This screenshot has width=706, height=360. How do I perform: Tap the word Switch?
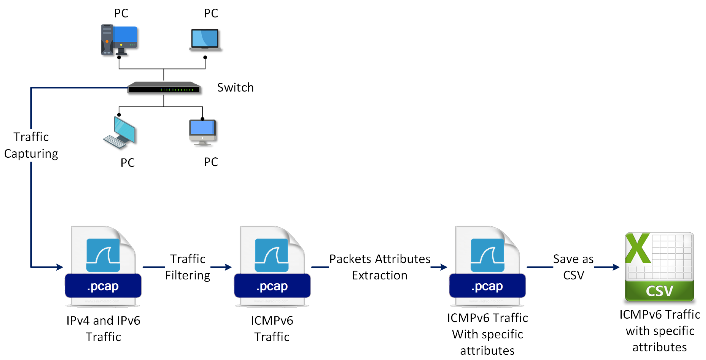coord(235,88)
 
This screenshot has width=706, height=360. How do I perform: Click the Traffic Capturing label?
coord(31,145)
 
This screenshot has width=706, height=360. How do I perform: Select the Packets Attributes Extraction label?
coord(380,267)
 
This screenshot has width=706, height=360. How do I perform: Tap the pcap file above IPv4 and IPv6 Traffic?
coord(103,266)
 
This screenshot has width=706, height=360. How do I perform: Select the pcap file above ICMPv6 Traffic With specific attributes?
coord(487,266)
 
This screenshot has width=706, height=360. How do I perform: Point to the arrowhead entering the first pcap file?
coord(60,267)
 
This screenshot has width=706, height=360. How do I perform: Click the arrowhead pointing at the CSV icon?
coord(616,267)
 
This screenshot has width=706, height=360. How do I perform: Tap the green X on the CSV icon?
coord(638,248)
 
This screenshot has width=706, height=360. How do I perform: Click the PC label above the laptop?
coord(211,13)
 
